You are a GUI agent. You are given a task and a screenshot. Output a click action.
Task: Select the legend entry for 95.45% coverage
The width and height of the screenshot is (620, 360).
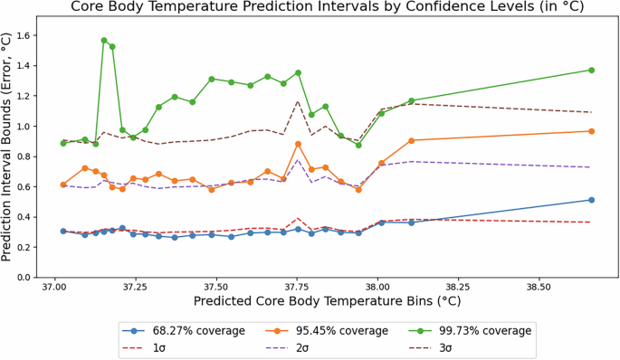[327, 330]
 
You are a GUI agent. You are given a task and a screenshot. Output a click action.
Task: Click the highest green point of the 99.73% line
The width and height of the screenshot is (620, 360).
[104, 41]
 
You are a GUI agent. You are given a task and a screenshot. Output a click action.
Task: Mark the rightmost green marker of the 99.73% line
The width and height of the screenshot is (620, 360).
[591, 70]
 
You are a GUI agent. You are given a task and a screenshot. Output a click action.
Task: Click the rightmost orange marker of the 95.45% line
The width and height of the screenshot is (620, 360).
[591, 131]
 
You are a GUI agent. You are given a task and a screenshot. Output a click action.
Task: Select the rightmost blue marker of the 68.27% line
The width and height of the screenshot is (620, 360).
[591, 200]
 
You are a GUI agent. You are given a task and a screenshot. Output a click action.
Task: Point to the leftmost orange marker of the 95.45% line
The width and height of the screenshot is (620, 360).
[63, 185]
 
